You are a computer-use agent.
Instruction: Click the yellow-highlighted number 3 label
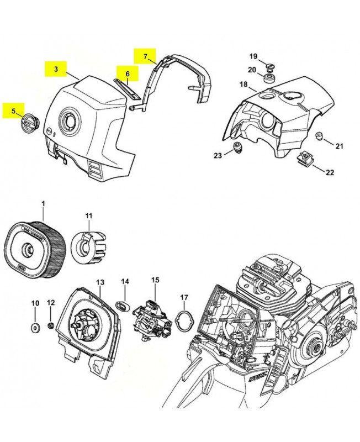tap(56, 70)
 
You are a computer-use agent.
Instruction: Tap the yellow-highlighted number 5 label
tap(13, 111)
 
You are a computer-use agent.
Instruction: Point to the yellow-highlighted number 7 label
tap(146, 56)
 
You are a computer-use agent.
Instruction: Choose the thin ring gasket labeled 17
tap(183, 319)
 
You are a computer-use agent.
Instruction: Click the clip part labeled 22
tap(305, 160)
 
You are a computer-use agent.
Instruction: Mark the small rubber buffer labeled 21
tap(319, 136)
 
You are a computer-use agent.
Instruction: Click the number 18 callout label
tap(243, 84)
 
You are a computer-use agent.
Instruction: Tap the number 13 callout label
tap(100, 282)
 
